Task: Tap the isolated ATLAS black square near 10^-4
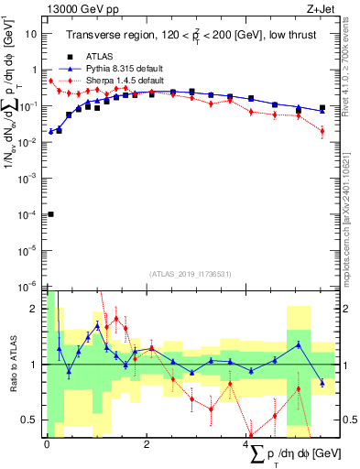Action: (50, 214)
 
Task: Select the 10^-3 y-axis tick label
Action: (30, 178)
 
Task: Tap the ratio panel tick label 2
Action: (33, 308)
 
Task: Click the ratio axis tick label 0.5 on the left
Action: (29, 420)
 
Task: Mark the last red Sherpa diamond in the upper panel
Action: (322, 131)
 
